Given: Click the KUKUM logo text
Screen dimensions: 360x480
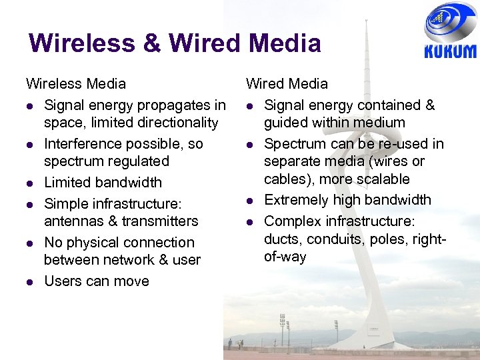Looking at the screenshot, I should pos(451,51).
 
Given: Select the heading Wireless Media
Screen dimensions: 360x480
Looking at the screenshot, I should pos(75,83).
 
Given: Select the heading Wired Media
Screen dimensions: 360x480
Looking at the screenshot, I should pos(287,83).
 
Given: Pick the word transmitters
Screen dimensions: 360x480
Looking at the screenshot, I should pos(159,221).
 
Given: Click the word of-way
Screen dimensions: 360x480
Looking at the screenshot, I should pos(285,257).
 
